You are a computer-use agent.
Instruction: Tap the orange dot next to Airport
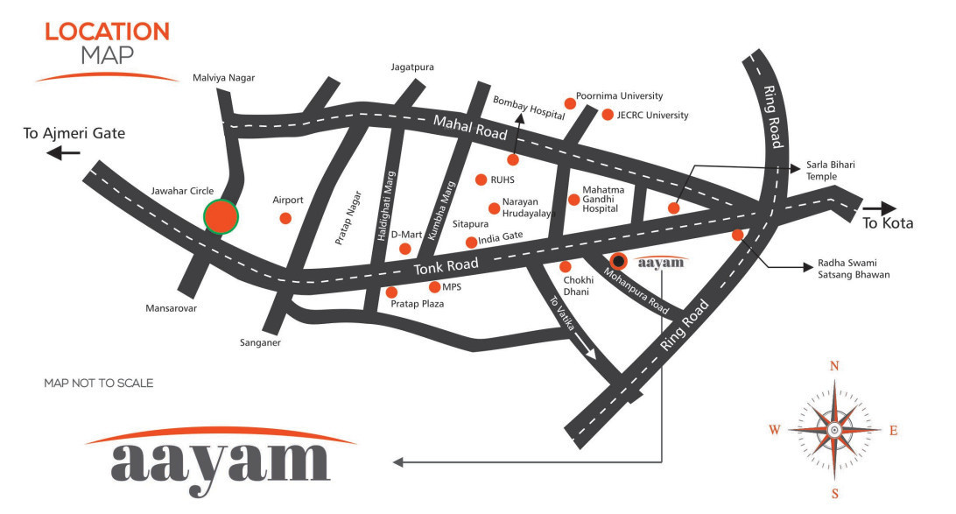point(285,217)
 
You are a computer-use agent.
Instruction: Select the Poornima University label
point(619,96)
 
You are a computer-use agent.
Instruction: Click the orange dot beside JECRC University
point(608,115)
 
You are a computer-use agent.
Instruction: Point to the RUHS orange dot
point(481,180)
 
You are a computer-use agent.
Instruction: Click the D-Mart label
point(406,235)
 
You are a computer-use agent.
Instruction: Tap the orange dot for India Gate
point(471,242)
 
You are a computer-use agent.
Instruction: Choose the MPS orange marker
point(434,286)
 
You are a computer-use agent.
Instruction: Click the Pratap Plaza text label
point(416,304)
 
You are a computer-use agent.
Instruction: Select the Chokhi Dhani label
point(580,285)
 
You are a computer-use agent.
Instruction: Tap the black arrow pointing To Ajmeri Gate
point(64,153)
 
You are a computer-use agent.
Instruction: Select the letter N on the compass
point(834,366)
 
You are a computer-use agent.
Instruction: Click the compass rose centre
point(834,430)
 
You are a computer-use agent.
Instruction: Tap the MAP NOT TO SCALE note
point(98,384)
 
